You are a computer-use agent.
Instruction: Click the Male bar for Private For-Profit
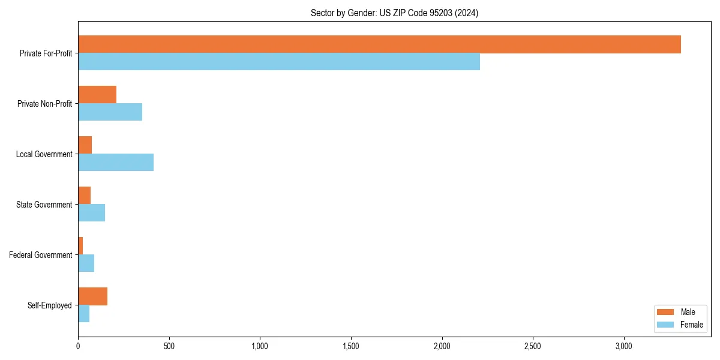point(379,44)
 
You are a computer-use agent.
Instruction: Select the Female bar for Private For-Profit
point(279,62)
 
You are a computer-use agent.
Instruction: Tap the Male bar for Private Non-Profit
point(97,95)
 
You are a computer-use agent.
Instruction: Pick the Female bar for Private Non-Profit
point(110,112)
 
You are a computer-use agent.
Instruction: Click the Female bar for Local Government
point(116,163)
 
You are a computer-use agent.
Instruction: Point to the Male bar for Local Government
point(85,145)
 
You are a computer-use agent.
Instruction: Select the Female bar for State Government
point(91,213)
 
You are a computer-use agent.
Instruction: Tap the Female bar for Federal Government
point(86,263)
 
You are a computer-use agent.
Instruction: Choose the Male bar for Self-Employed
point(92,296)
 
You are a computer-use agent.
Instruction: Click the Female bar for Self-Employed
point(83,314)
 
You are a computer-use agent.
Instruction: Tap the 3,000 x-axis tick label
point(624,346)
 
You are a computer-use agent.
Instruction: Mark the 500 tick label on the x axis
point(169,346)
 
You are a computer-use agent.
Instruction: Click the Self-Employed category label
point(50,305)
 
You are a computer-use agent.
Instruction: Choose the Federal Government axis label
point(41,255)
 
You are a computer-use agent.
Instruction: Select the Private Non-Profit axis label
point(44,104)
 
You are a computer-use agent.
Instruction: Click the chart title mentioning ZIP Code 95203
point(394,13)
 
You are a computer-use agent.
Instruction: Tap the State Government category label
point(44,205)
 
